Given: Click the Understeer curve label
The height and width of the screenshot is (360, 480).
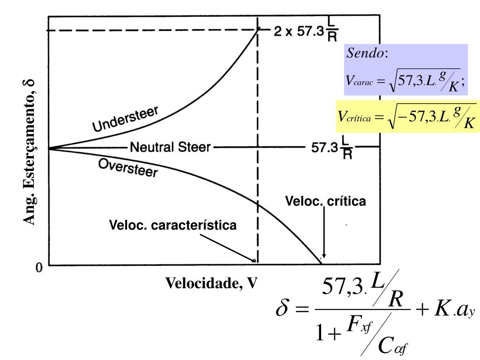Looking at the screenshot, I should click(126, 119).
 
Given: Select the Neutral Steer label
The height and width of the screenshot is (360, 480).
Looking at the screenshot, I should click(170, 148).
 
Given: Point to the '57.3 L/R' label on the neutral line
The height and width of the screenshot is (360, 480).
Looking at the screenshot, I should click(332, 149).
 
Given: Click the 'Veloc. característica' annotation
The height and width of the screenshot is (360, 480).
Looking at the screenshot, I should click(173, 225).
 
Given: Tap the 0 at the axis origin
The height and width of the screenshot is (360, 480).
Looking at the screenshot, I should click(39, 268).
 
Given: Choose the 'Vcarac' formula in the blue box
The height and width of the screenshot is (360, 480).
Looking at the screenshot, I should click(406, 79).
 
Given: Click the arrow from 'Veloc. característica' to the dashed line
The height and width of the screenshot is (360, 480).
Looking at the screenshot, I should click(230, 247).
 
